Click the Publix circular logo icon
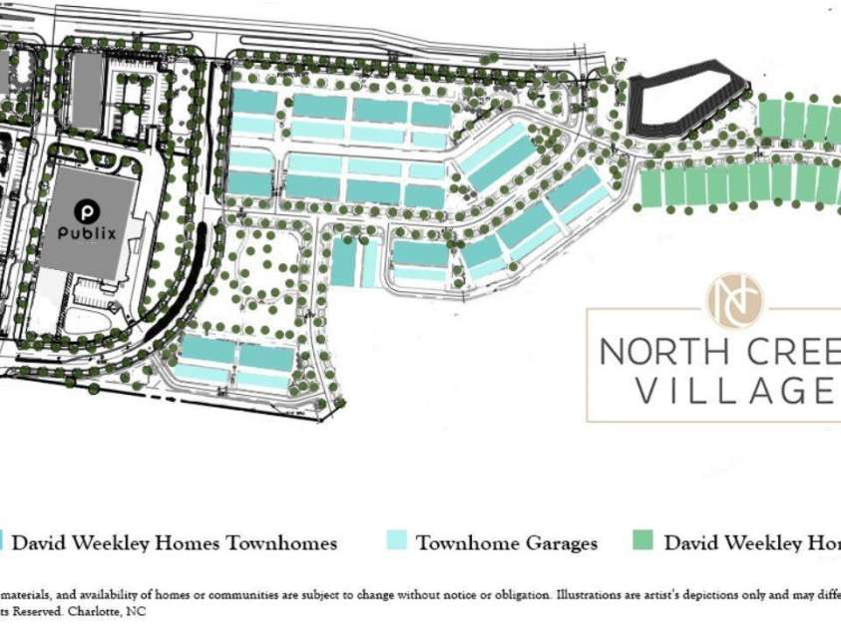(x=87, y=211)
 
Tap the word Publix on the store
(x=87, y=233)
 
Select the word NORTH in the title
(x=659, y=352)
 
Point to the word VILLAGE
(x=734, y=391)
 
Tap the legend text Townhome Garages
(x=507, y=543)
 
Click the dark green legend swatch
(x=643, y=542)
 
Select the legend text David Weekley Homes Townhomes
(x=175, y=543)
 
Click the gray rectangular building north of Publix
(x=86, y=91)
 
